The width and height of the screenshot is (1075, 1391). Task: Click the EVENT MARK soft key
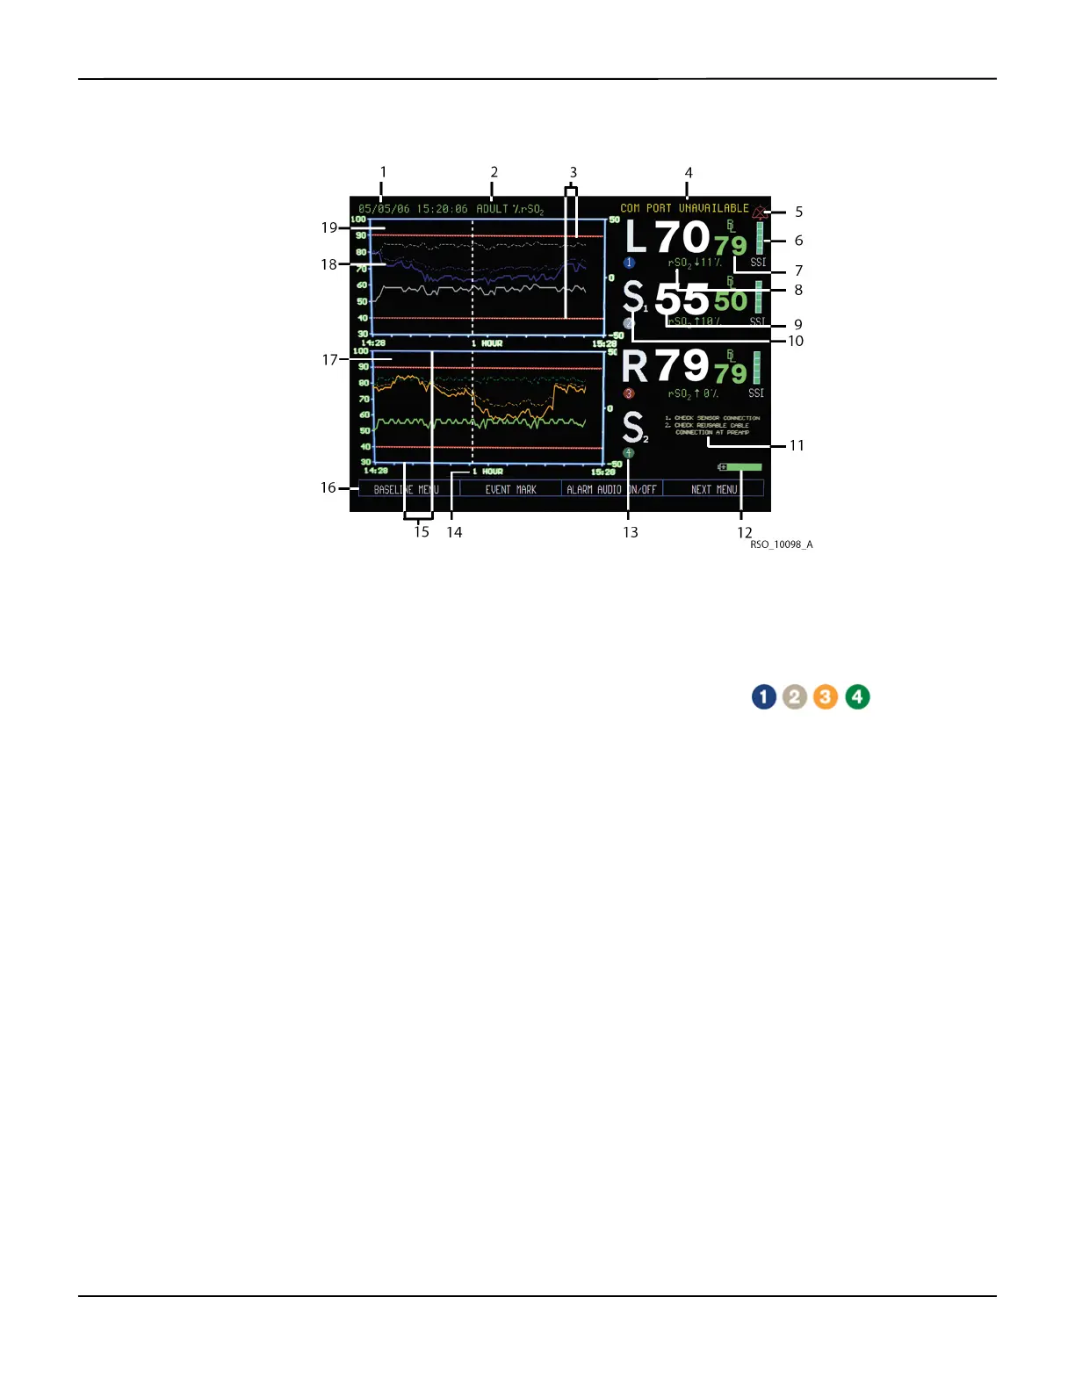pos(510,489)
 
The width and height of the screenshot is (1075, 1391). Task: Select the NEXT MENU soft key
pos(713,489)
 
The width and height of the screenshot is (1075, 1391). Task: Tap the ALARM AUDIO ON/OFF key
pos(611,489)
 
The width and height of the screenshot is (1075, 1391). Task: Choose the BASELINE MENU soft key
pos(406,489)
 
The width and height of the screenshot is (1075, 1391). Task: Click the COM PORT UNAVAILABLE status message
pos(684,208)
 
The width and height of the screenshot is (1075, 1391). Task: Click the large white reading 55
pos(682,299)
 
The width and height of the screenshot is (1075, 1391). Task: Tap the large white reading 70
pos(682,237)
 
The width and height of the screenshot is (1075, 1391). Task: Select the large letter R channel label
pos(635,366)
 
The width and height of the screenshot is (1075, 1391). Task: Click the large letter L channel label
pos(636,237)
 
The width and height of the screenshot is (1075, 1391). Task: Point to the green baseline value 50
pos(730,301)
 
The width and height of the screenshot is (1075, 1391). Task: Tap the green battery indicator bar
pos(743,467)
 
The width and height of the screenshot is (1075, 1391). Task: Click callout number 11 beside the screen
pos(797,445)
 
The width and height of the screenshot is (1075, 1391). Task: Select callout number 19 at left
pos(329,227)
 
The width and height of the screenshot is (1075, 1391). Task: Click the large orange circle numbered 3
pos(826,697)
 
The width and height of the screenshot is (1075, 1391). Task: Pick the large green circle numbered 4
pos(857,697)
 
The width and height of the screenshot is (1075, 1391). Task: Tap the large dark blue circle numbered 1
pos(764,697)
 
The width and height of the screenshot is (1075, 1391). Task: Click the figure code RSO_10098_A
pos(781,544)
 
